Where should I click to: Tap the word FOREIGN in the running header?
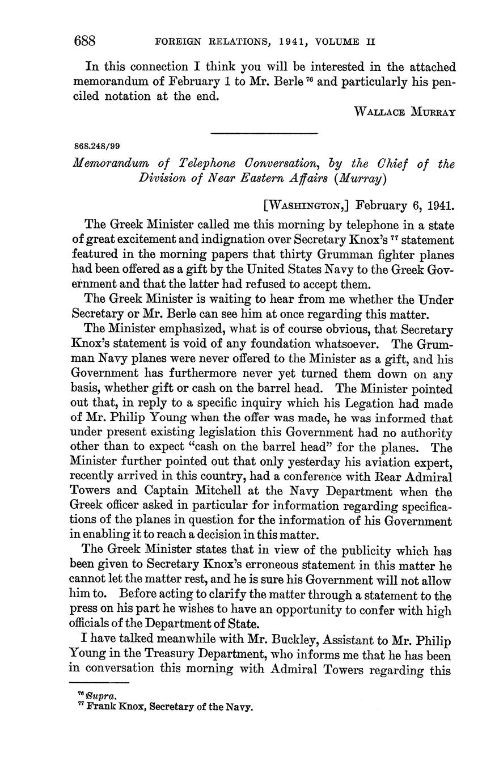[175, 42]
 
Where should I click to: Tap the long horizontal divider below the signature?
[264, 133]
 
